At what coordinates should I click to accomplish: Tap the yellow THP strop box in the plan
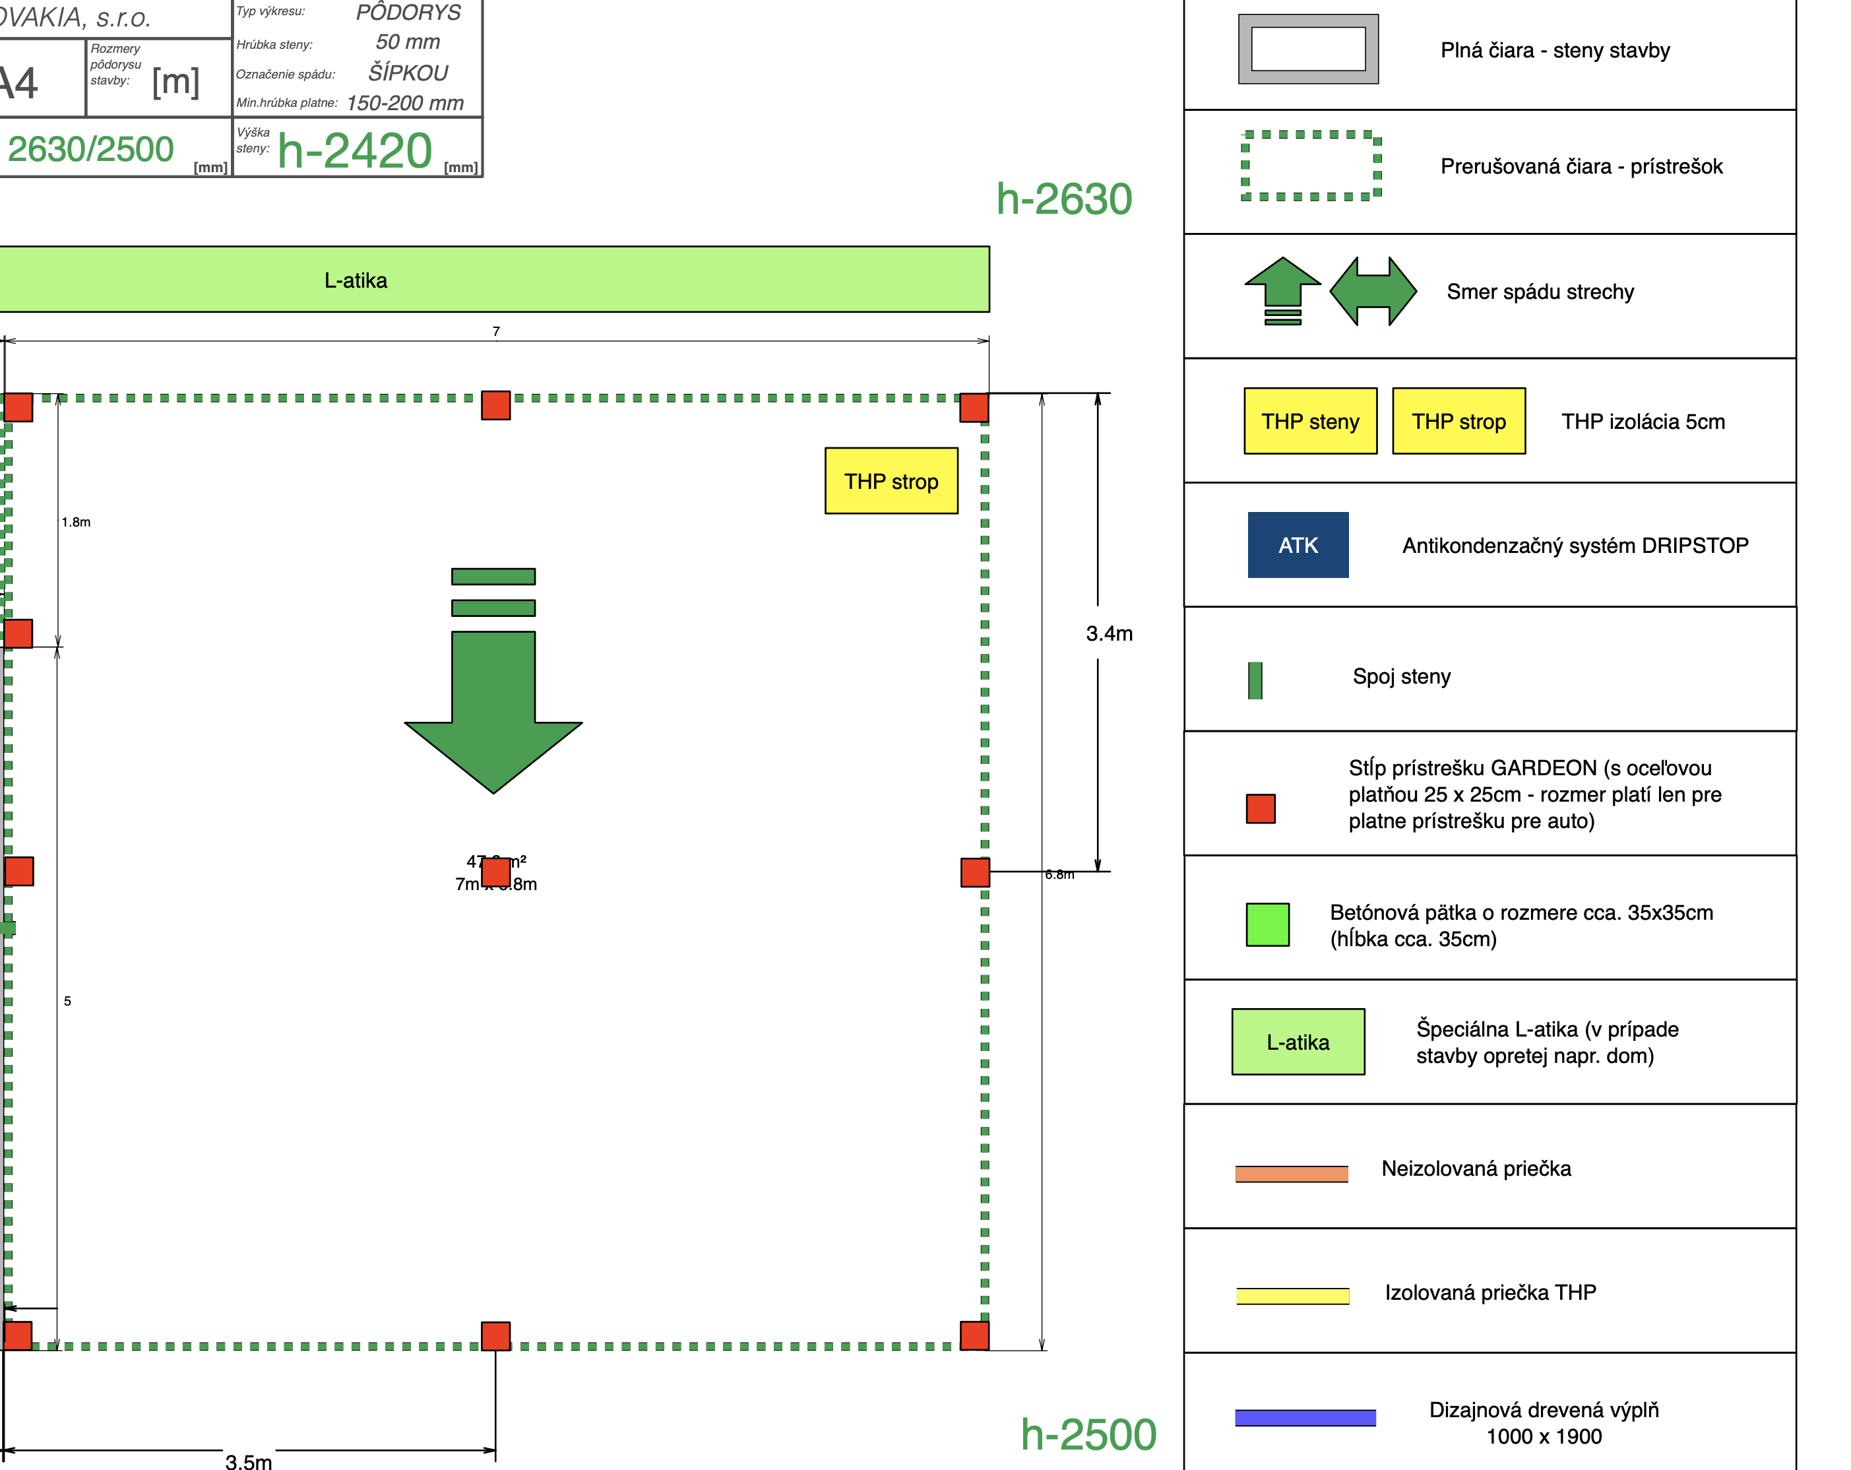(x=891, y=481)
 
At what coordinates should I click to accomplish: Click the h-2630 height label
(x=1064, y=199)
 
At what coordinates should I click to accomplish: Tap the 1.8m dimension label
(x=76, y=522)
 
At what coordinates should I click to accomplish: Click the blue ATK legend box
(x=1298, y=545)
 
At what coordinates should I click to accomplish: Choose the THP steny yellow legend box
(x=1310, y=422)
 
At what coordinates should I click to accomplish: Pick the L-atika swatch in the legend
(x=1298, y=1042)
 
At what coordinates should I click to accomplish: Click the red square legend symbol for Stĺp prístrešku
(x=1261, y=809)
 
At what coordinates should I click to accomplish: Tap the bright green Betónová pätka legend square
(x=1267, y=925)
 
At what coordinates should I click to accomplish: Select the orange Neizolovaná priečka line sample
(x=1291, y=1174)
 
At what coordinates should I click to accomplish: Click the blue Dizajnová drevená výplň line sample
(x=1305, y=1418)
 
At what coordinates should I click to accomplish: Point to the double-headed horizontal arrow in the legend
(x=1373, y=292)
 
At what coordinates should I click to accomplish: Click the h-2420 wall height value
(x=355, y=151)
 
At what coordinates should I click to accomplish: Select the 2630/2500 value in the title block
(x=90, y=149)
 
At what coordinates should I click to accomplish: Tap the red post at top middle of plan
(x=495, y=405)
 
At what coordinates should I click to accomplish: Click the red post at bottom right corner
(x=974, y=1335)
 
